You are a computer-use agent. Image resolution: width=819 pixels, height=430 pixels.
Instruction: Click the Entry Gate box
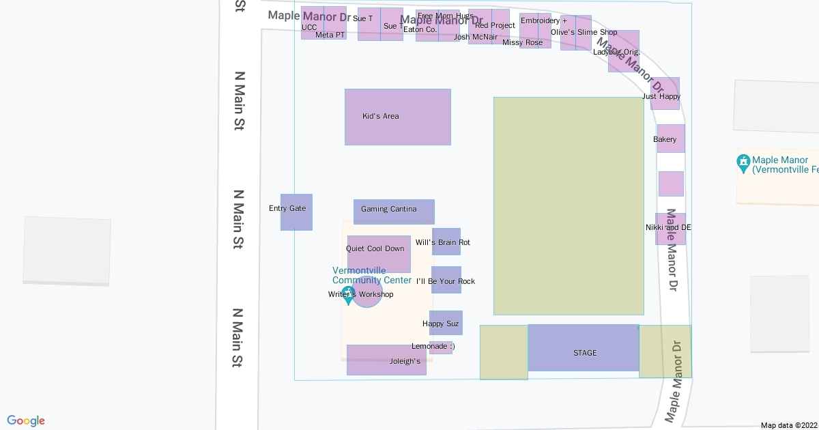tap(296, 212)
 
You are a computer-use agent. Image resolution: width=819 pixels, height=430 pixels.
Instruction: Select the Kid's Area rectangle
tap(397, 117)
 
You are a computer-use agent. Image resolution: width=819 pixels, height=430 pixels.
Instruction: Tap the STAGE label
tap(584, 353)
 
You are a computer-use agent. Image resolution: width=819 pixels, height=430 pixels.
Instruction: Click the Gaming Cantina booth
tap(394, 212)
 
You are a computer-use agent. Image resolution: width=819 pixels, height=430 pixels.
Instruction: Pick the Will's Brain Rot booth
tap(446, 242)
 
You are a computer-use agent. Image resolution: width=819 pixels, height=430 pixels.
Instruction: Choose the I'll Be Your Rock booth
tap(446, 280)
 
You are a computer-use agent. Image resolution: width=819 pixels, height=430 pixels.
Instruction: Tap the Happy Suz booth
tap(446, 323)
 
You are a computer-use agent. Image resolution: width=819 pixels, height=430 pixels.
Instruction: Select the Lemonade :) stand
tap(440, 347)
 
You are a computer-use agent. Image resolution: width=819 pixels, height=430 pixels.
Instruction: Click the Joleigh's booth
tap(386, 360)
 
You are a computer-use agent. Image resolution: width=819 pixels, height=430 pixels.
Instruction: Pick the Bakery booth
tap(670, 139)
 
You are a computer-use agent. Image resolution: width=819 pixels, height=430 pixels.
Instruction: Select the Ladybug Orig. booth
tap(623, 51)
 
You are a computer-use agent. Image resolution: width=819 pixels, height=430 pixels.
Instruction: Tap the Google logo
tap(26, 420)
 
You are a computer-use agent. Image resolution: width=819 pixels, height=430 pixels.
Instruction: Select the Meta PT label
tap(330, 35)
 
